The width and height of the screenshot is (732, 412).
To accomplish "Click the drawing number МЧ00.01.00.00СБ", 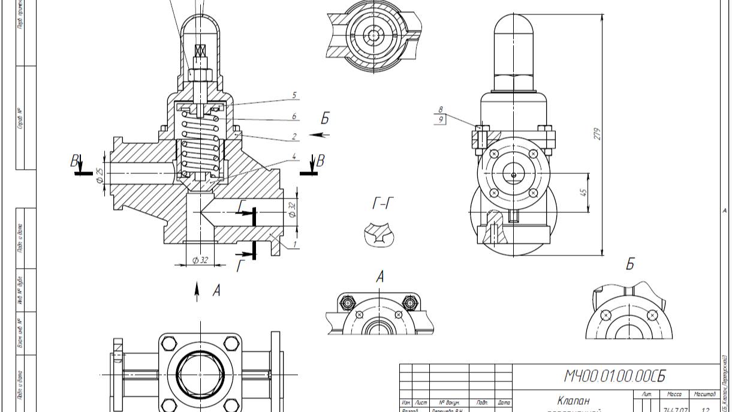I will coord(614,376).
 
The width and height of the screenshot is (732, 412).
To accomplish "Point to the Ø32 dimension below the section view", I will coord(200,260).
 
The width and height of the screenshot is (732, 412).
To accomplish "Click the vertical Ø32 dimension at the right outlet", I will coord(292,209).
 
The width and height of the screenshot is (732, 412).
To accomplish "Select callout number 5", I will coord(294,95).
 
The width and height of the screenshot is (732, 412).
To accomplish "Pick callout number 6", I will coord(294,116).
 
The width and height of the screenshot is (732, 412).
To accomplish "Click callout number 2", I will coord(294,137).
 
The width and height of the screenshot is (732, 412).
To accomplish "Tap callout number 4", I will coord(294,157).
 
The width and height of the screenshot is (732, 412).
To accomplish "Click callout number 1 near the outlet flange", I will coord(295,245).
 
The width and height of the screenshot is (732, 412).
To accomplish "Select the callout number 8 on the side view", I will coord(441,110).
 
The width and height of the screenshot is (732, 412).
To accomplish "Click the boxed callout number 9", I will coord(441,119).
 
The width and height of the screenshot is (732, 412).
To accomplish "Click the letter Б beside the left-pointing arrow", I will coord(325,118).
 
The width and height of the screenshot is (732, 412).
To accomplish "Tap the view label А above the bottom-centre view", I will coord(379,276).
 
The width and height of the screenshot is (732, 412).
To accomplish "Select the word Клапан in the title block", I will coord(573,400).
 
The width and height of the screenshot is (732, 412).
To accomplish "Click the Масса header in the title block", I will coord(674,394).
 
